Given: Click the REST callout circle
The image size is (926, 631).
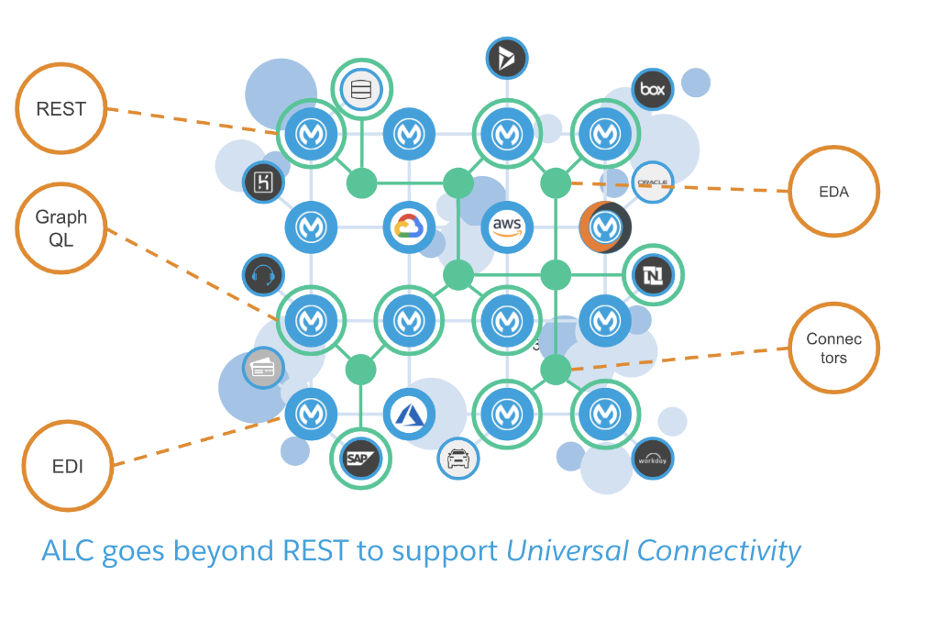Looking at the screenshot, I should click(x=61, y=109).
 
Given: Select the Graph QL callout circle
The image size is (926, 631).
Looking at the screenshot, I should click(x=61, y=227).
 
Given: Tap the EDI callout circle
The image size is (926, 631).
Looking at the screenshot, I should click(x=68, y=466).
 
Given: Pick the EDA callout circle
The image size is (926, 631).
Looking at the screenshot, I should click(x=834, y=192).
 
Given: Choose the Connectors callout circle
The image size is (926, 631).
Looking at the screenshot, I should click(x=834, y=349).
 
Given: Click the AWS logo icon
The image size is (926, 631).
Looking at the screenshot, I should click(x=507, y=226).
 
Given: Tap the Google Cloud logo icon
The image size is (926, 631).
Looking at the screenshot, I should click(x=409, y=226).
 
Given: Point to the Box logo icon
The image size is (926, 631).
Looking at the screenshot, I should click(x=653, y=89).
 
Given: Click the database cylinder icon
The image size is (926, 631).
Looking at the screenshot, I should click(x=360, y=89).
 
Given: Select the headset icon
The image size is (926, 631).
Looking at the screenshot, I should click(x=262, y=274).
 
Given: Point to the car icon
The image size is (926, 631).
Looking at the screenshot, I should click(x=457, y=458).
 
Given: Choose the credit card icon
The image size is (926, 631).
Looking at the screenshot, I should click(x=262, y=368).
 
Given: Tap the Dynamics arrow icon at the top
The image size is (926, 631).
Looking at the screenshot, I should click(x=507, y=58).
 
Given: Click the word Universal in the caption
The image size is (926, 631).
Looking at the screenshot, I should click(x=567, y=550).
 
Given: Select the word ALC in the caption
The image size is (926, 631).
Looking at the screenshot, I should click(x=70, y=550).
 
